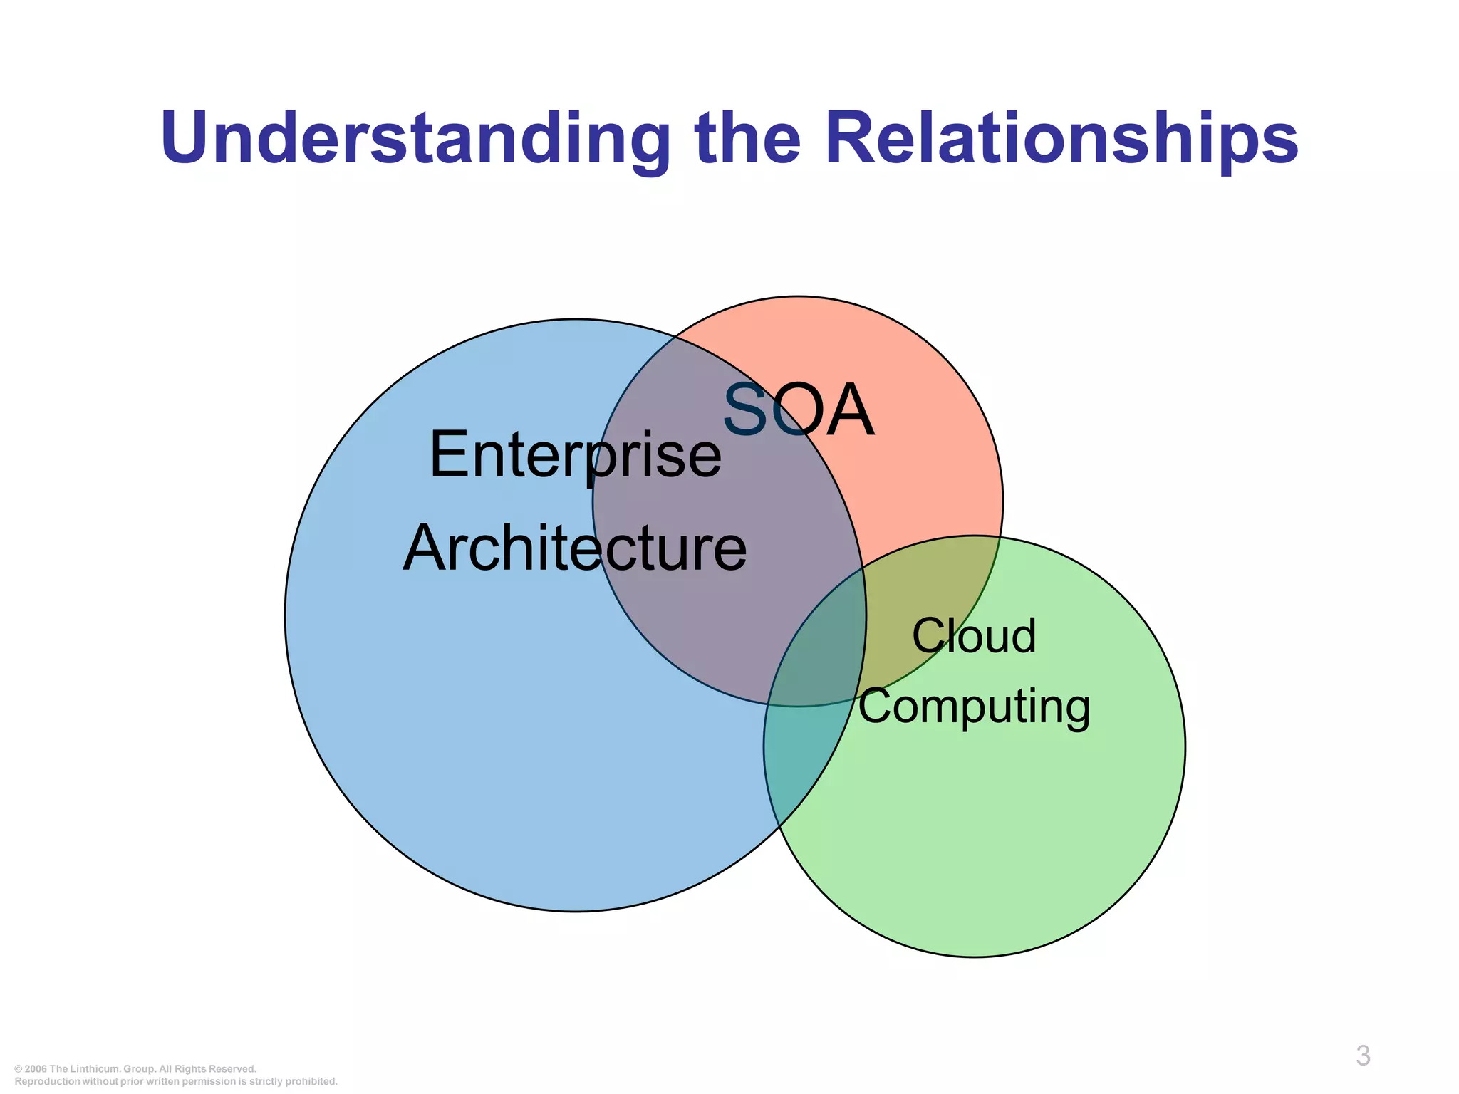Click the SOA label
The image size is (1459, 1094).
[x=798, y=411]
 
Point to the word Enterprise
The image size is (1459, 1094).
[x=575, y=456]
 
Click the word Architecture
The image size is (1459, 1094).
[x=575, y=548]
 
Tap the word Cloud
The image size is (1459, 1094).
[x=974, y=636]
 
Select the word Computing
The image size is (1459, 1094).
[x=974, y=707]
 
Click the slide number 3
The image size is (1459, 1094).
[x=1363, y=1056]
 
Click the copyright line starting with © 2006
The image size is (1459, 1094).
[x=135, y=1069]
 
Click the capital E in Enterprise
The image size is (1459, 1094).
[x=449, y=456]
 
